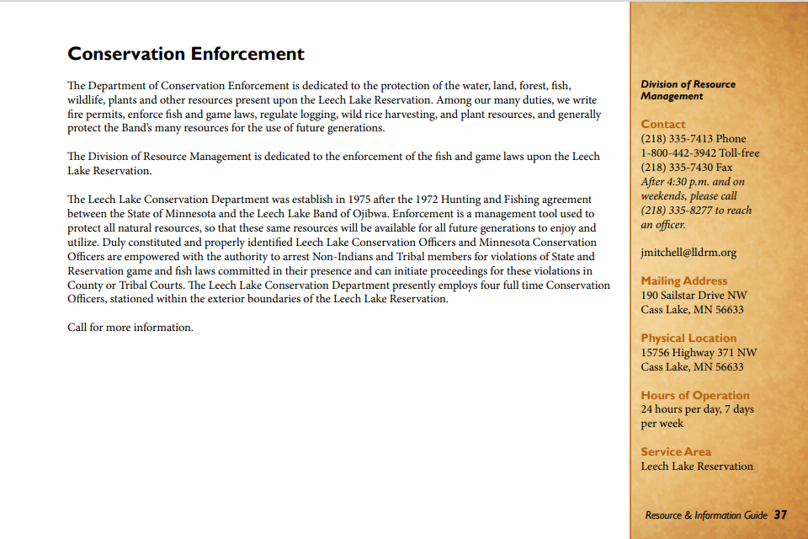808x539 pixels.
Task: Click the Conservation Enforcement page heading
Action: (x=186, y=54)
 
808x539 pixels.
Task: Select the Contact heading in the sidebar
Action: (x=663, y=124)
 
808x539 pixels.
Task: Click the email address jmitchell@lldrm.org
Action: (x=688, y=252)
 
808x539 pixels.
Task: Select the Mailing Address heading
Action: (x=684, y=280)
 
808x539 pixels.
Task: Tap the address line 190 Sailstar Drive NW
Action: (x=694, y=295)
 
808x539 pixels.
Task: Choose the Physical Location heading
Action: (x=688, y=338)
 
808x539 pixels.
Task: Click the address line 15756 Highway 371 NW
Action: (x=699, y=352)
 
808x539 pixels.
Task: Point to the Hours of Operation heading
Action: (x=695, y=395)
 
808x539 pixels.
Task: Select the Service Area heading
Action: (x=676, y=451)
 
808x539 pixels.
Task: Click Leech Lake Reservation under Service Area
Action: (x=697, y=466)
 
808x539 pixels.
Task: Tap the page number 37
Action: (x=780, y=515)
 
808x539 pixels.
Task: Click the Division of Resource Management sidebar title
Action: (x=688, y=90)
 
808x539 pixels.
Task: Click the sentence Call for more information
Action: (x=130, y=327)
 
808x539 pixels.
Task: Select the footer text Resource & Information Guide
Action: (x=706, y=515)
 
